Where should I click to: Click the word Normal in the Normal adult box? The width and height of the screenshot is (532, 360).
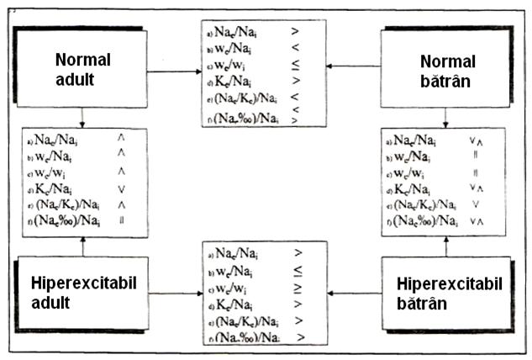pos(83,60)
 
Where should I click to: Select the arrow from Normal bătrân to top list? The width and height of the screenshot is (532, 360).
pos(353,65)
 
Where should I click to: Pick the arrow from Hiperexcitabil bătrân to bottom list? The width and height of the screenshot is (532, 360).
pos(353,294)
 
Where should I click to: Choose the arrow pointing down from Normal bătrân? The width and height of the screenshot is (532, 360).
pos(447,117)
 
